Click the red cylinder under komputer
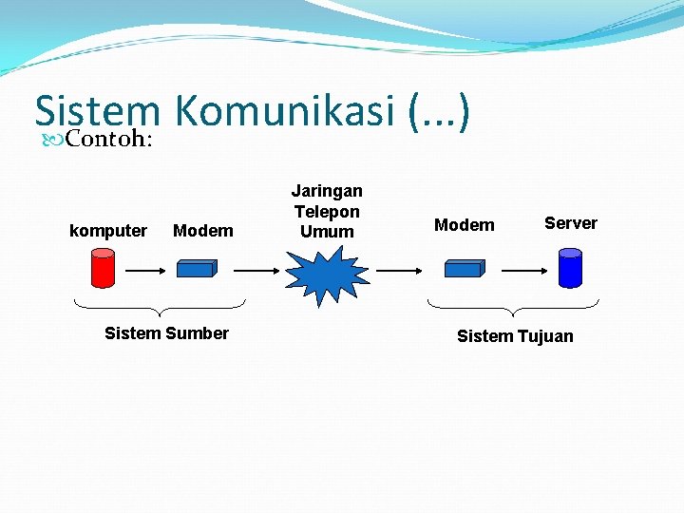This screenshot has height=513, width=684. coord(103,268)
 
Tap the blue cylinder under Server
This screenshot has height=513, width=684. coord(570,267)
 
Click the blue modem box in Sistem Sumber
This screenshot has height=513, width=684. coord(198,269)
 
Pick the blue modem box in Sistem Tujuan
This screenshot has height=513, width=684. coord(465,269)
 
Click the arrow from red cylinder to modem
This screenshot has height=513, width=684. coord(146,270)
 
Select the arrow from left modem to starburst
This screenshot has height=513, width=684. coord(256,270)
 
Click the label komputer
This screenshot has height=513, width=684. coord(108,231)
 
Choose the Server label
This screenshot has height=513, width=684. coord(571,223)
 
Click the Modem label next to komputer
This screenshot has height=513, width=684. coord(203,231)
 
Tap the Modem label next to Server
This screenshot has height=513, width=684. coord(465,225)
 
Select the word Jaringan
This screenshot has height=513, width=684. coord(327,191)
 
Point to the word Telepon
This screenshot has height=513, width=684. coord(327,211)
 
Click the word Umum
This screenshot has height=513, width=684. coord(327,232)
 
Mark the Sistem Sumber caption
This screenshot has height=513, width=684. coord(166,333)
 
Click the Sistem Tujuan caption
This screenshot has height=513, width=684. coord(515,336)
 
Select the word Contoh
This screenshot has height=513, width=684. coord(107,141)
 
